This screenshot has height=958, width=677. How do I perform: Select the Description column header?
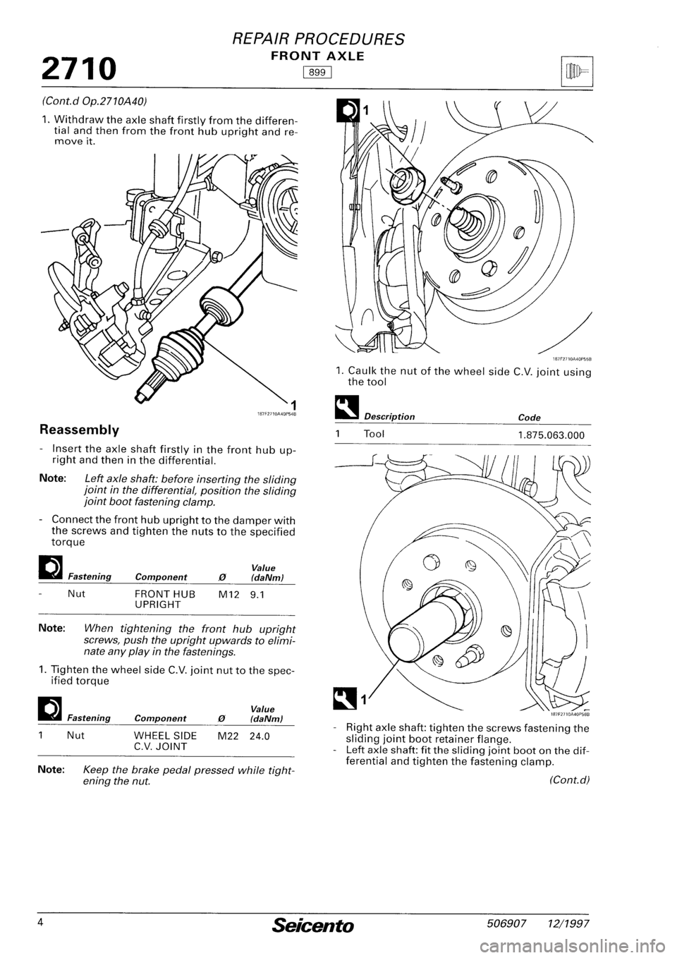[389, 416]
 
